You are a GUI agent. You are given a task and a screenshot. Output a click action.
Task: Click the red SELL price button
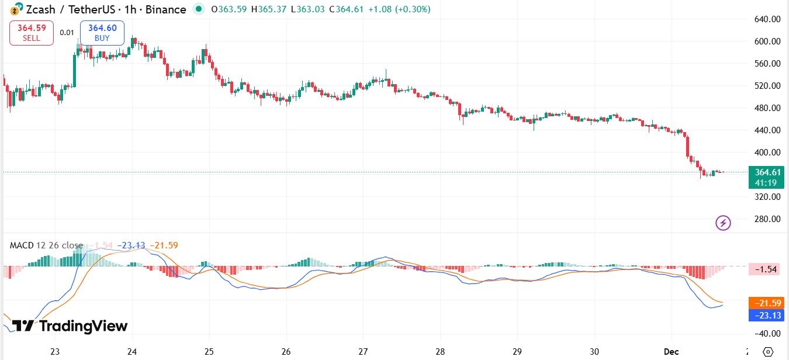(32, 33)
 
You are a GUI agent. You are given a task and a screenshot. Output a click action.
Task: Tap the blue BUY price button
(102, 33)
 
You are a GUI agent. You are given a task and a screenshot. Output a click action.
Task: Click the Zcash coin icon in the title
(14, 10)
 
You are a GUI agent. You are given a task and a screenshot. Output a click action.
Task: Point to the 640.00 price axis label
(767, 19)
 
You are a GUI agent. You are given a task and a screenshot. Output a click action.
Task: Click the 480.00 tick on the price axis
(767, 108)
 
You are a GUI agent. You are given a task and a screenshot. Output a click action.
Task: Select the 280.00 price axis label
(767, 219)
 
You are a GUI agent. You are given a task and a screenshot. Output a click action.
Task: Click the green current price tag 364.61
(767, 176)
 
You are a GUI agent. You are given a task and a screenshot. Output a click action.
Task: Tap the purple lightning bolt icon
(724, 223)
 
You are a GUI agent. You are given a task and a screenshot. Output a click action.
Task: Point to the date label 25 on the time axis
(209, 352)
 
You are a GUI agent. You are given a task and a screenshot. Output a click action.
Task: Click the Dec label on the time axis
(672, 352)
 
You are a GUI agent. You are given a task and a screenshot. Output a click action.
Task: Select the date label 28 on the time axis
(440, 352)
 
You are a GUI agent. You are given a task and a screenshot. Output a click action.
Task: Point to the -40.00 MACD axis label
(767, 334)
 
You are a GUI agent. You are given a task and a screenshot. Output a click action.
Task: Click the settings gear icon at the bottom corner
(768, 352)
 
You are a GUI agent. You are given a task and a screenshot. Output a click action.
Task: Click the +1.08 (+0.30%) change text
(400, 10)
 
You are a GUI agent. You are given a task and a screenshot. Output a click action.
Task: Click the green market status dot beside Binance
(199, 9)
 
